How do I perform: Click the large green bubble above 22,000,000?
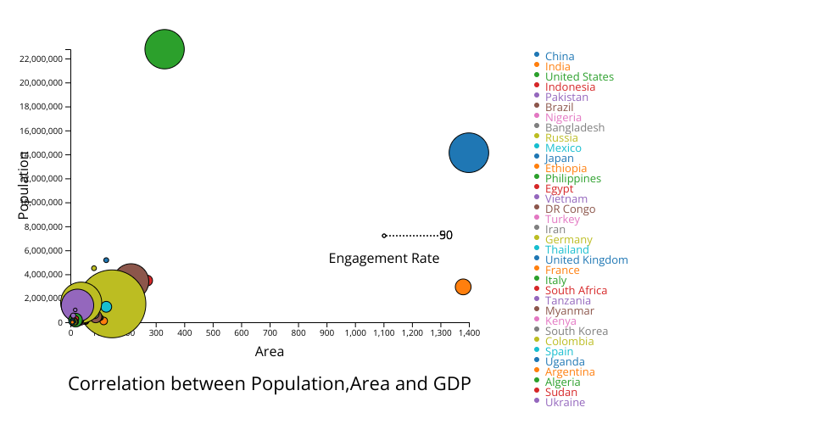point(164,49)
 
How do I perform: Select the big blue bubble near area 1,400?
point(469,153)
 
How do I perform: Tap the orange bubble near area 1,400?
point(463,287)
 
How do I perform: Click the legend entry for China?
point(559,57)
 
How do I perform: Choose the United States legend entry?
point(579,77)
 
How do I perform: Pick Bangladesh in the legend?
point(574,128)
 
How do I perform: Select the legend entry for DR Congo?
point(570,209)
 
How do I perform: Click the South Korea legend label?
point(576,332)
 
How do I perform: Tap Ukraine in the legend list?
point(565,403)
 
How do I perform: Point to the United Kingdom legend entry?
point(586,260)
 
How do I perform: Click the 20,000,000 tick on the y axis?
point(42,83)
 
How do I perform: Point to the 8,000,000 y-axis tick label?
point(43,226)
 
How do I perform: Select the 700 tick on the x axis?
point(270,332)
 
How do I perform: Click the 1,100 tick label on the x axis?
point(383,332)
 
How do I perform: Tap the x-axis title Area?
point(270,352)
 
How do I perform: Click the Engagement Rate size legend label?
point(383,259)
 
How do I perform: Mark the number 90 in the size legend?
point(446,236)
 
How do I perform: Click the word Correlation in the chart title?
point(119,384)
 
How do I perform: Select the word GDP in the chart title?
point(451,384)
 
